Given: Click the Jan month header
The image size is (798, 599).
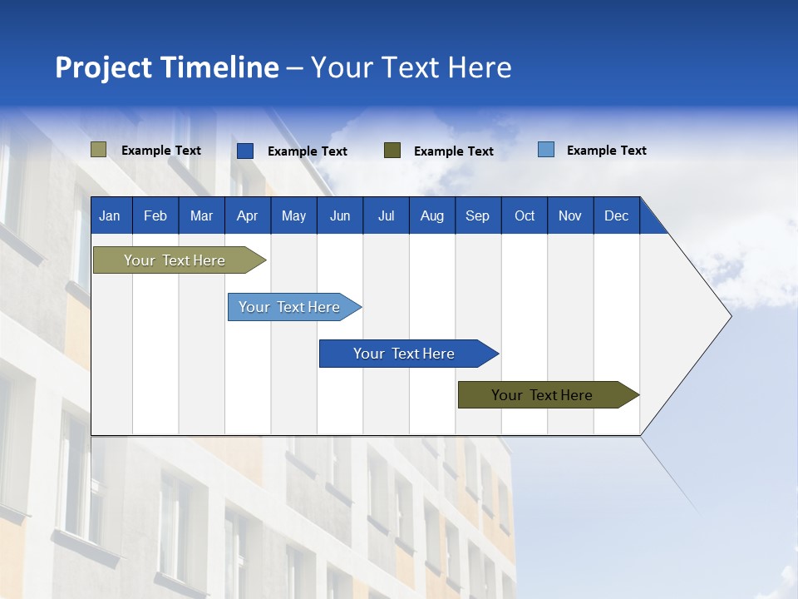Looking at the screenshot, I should [x=110, y=215].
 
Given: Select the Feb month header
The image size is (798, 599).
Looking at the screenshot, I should [x=155, y=215].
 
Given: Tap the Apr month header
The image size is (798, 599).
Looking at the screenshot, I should [x=247, y=215].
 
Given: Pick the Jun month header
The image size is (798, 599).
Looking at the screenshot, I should [x=340, y=215].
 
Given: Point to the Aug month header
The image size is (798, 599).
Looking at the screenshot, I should [x=431, y=215].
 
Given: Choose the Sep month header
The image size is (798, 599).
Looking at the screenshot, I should [x=477, y=215].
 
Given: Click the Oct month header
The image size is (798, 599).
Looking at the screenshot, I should [x=525, y=215].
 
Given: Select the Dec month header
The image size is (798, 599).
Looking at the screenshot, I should [x=617, y=215].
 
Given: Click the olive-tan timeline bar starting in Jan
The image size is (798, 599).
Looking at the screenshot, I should [x=175, y=260].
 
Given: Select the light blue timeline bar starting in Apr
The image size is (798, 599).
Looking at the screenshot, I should [x=289, y=307].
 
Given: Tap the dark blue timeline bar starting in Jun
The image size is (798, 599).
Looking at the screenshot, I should [x=404, y=354].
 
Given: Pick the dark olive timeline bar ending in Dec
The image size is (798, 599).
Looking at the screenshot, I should [x=542, y=395].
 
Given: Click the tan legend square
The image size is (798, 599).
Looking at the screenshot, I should [x=98, y=150].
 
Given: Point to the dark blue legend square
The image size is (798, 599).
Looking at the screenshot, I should [x=245, y=151].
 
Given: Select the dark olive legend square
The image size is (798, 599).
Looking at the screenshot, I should [x=392, y=151].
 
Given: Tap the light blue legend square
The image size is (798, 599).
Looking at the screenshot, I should [x=546, y=150].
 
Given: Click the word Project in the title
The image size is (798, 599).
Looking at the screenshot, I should [x=104, y=67].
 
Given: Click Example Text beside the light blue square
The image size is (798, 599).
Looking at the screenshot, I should [x=606, y=151].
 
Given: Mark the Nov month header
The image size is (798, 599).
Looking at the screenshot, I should [x=570, y=215].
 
